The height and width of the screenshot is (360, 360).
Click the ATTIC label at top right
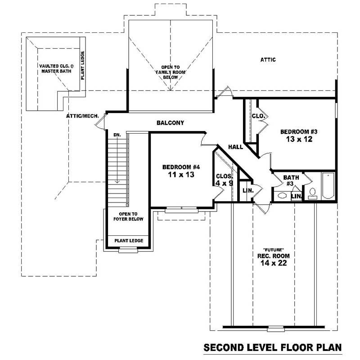(x=268, y=59)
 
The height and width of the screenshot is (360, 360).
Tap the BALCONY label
(x=170, y=123)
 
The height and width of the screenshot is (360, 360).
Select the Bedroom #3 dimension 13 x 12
(x=299, y=139)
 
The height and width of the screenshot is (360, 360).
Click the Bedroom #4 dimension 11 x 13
(x=181, y=175)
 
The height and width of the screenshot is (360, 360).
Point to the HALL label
(x=236, y=147)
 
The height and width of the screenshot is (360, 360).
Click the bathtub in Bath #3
(x=327, y=186)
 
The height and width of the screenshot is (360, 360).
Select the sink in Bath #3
(x=282, y=196)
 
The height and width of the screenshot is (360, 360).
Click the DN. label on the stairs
(x=117, y=135)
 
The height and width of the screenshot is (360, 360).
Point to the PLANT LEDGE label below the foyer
(x=129, y=241)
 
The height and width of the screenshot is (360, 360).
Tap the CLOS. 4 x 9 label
(x=224, y=180)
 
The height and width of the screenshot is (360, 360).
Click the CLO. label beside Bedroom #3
(x=258, y=116)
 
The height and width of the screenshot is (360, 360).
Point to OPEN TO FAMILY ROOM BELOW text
(x=171, y=72)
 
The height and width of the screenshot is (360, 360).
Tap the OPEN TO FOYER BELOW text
(x=131, y=216)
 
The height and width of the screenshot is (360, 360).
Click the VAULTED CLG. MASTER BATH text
(x=54, y=68)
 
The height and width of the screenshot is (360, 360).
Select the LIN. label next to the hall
(x=248, y=190)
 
